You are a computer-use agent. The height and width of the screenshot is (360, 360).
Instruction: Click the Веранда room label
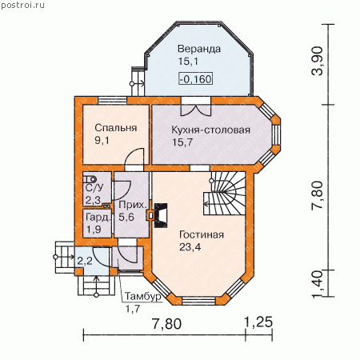(x=199, y=50)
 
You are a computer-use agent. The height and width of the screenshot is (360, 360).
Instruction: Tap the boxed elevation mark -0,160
(x=196, y=79)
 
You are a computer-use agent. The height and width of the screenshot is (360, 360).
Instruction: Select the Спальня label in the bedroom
(x=116, y=128)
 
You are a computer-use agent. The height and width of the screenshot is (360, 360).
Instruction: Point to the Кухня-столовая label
(x=210, y=130)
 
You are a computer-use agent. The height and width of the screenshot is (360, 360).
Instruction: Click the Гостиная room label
(x=202, y=235)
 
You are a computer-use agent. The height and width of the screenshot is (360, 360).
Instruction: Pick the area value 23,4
(x=190, y=247)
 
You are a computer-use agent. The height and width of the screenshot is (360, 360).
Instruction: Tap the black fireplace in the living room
(x=161, y=215)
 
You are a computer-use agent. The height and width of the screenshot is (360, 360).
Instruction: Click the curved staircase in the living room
(x=224, y=193)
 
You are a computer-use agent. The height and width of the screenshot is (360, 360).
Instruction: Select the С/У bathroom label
(x=94, y=188)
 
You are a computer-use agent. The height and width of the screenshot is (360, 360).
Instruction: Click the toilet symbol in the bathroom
(x=90, y=179)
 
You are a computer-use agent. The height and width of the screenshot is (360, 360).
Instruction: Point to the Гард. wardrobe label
(x=98, y=218)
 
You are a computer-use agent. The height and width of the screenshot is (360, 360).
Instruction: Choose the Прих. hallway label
(x=133, y=206)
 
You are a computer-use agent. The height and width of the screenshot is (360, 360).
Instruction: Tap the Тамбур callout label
(x=143, y=297)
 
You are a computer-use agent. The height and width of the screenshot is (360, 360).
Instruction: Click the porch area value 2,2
(x=85, y=261)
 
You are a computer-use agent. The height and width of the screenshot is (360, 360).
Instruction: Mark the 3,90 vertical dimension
(x=317, y=61)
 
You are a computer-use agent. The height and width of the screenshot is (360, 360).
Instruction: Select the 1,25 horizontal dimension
(x=258, y=322)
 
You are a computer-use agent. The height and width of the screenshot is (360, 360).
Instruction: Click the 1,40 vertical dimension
(x=317, y=284)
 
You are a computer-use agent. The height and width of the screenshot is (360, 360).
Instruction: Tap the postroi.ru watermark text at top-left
(x=22, y=5)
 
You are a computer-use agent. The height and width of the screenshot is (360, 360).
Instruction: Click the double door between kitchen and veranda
(x=196, y=106)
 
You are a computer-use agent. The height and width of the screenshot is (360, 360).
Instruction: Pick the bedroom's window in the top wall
(x=112, y=101)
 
